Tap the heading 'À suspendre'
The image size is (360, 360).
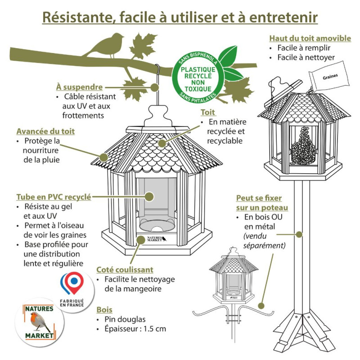point(79,86)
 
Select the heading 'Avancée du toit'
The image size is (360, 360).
point(45,131)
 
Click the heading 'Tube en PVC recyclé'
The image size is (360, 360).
point(54,197)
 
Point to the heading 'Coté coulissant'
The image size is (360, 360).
point(125,270)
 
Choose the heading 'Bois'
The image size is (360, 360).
point(104,310)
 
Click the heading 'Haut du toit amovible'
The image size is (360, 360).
point(310,38)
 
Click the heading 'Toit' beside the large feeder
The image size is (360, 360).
point(208,112)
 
